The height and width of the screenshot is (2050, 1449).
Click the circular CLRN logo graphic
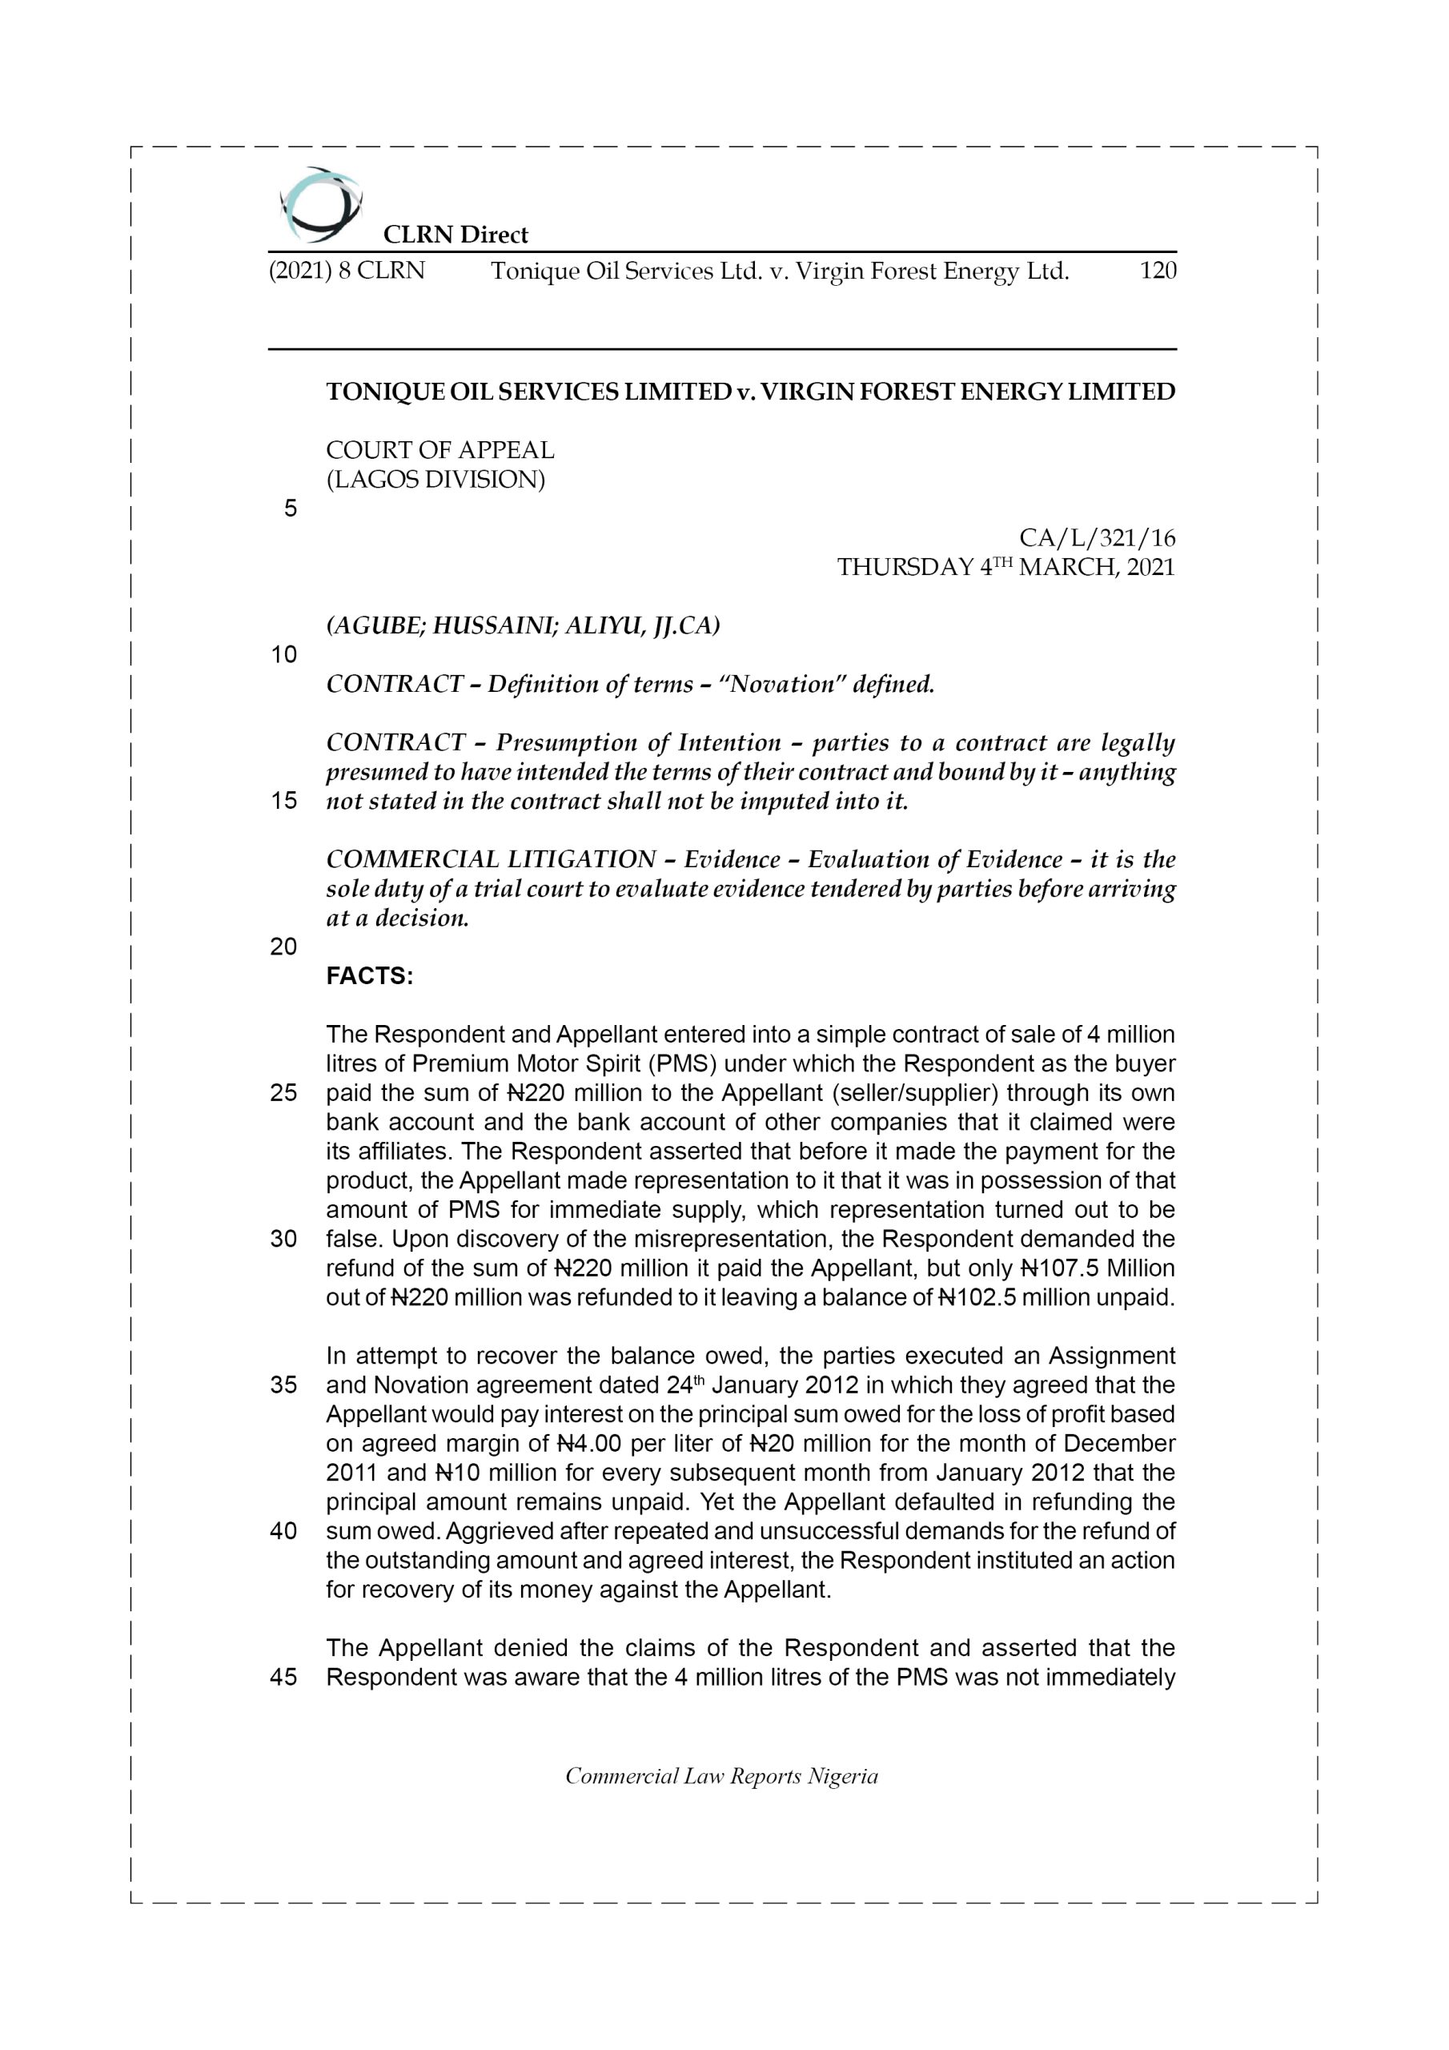[320, 205]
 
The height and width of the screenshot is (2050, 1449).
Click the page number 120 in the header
[1158, 271]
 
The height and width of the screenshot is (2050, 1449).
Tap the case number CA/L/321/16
[1098, 537]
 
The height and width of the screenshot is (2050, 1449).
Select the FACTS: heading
[370, 976]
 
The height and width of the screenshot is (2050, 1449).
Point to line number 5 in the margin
[290, 509]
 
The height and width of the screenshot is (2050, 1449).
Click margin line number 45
[283, 1677]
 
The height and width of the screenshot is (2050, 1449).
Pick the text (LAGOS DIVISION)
[435, 480]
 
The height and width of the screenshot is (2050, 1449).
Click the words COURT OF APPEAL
[440, 450]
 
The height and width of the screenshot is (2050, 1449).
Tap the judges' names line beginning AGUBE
[522, 625]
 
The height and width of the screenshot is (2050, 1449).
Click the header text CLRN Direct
[456, 235]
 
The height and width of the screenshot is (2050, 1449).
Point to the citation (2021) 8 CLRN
[347, 271]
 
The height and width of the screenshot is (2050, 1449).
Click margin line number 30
[283, 1240]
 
